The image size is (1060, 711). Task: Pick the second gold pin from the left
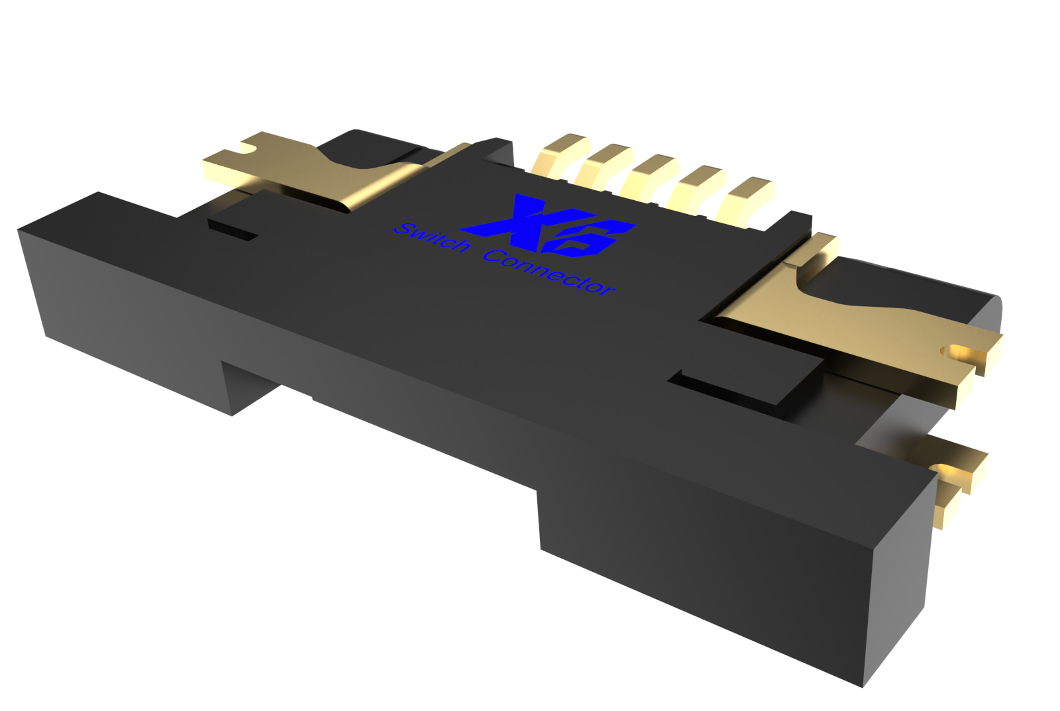tap(603, 166)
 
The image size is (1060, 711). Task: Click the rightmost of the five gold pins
tap(745, 199)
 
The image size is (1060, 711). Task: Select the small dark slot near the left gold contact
tap(232, 229)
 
